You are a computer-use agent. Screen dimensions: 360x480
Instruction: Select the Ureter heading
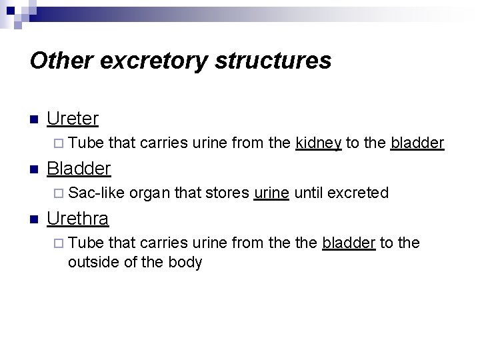[x=73, y=119]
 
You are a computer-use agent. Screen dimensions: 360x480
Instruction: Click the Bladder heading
[x=78, y=168]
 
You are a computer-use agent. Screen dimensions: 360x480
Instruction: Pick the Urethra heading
[x=78, y=218]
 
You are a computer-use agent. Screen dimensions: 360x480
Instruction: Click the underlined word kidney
[x=319, y=143]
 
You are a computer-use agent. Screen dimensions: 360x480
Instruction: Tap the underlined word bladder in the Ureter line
[x=417, y=143]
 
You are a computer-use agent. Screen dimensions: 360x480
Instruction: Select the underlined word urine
[x=271, y=193]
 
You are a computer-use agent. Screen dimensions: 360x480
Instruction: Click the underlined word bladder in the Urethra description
[x=349, y=243]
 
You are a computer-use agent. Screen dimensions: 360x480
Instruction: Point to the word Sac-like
[x=96, y=193]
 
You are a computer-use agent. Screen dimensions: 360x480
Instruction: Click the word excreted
[x=358, y=193]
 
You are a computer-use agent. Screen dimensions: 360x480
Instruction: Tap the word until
[x=307, y=193]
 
